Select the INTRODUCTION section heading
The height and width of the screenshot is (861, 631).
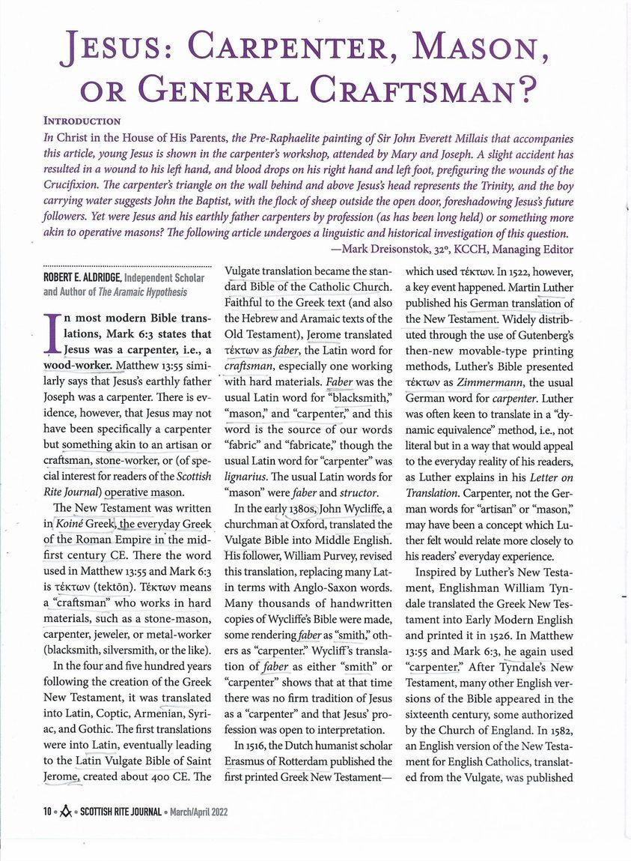[x=82, y=120]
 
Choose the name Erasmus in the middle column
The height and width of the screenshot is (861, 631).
[x=248, y=761]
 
